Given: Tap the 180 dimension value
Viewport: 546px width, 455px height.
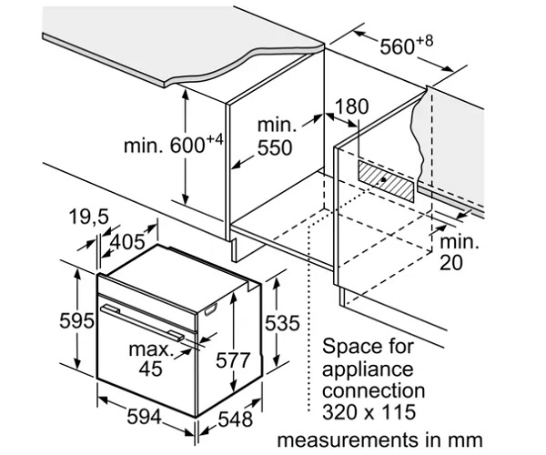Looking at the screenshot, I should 351,107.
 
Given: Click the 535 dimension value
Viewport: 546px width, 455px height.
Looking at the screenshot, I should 283,323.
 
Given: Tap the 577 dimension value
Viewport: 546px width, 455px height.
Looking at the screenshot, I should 233,359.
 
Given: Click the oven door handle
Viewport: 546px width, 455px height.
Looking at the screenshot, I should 149,323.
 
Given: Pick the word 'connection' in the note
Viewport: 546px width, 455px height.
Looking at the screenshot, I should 373,389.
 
